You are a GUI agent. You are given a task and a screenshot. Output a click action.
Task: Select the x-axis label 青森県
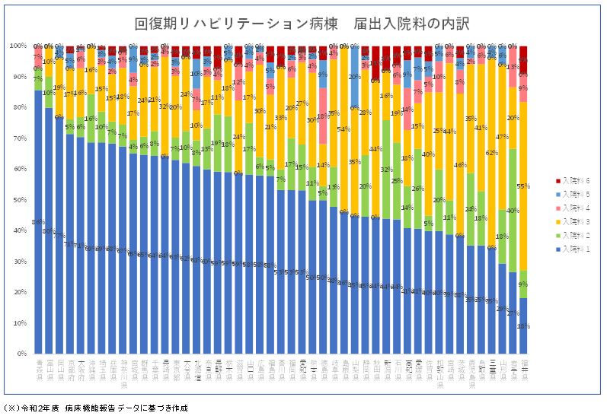coord(39,368)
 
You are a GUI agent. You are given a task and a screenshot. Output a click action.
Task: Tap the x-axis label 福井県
coord(523,368)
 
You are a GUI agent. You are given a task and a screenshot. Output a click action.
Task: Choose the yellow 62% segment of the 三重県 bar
coord(491,152)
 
